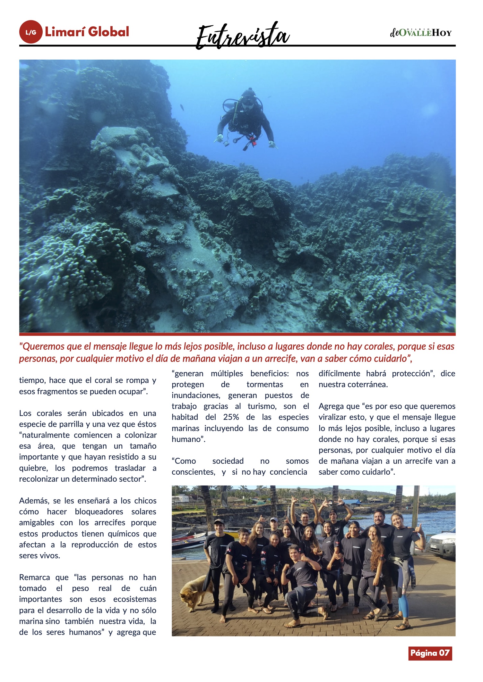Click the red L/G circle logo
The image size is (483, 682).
(x=31, y=32)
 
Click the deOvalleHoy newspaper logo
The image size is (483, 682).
(x=421, y=33)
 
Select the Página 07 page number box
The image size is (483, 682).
(x=430, y=653)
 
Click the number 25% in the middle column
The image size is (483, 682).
(x=231, y=417)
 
